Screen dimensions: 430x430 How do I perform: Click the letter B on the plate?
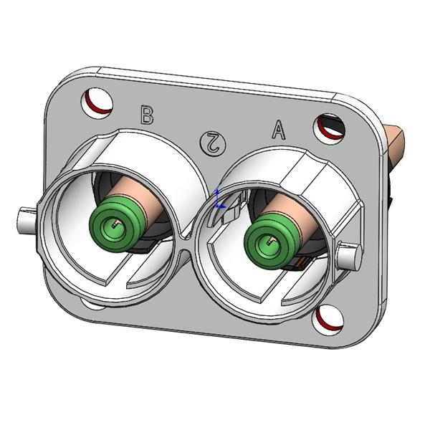[147, 115]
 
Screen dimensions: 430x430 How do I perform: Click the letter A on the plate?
[278, 130]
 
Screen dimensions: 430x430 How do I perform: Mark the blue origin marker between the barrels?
[219, 203]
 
